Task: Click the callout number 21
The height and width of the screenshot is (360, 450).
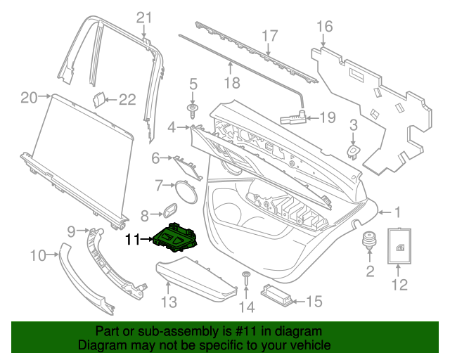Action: (x=144, y=18)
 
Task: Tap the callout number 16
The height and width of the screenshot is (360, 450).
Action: (x=323, y=27)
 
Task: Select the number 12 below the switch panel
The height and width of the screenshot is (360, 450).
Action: (x=399, y=285)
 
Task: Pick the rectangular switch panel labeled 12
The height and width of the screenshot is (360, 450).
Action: (x=399, y=245)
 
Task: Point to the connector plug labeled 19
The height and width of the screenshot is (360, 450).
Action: (x=292, y=117)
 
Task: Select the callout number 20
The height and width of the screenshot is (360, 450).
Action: (x=28, y=98)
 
